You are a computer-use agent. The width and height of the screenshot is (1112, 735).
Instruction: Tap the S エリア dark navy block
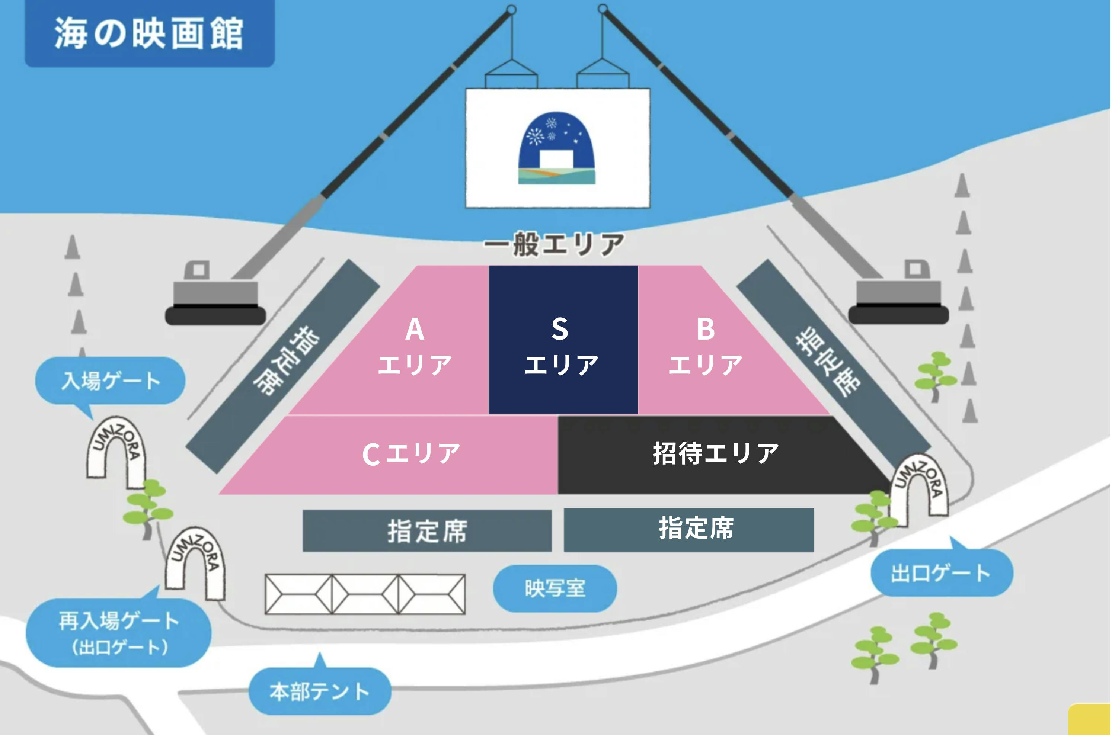pos(563,340)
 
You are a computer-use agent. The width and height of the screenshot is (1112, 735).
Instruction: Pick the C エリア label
pos(411,453)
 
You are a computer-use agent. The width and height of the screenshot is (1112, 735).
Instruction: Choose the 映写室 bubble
pos(555,588)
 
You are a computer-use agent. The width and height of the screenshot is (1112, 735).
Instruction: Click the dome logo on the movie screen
pos(557,148)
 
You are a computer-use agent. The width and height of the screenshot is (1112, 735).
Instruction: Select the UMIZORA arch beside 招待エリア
pos(919,490)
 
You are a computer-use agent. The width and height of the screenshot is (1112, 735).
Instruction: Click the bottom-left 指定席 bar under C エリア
pos(427,531)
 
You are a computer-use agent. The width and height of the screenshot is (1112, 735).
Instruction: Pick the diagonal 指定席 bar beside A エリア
pos(283,366)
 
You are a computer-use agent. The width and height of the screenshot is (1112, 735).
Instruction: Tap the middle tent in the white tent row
pos(365,594)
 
